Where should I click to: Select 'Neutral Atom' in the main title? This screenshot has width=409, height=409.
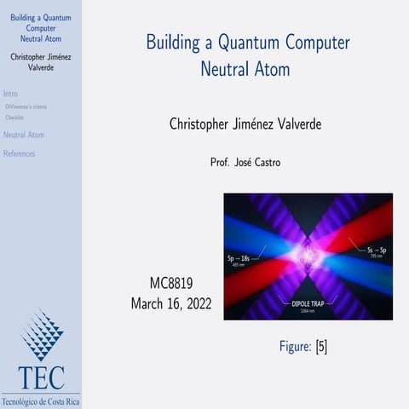246,67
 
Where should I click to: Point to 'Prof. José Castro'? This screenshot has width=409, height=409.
247,161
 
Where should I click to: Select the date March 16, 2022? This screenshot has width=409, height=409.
171,302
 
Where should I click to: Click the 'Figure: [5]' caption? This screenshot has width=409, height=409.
303,346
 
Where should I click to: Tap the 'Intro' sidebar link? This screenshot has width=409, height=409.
11,94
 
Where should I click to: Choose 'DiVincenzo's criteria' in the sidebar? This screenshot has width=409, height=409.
26,107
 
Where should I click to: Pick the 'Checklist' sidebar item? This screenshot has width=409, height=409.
14,118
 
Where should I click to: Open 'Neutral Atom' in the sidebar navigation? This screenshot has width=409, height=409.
24,135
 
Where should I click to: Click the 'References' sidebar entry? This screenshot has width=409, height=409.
20,154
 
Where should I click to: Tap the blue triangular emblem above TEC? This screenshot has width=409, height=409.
42,335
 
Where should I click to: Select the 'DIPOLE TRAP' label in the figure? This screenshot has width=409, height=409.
305,302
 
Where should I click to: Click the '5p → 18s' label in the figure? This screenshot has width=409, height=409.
241,256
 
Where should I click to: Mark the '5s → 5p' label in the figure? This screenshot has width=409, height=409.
376,251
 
